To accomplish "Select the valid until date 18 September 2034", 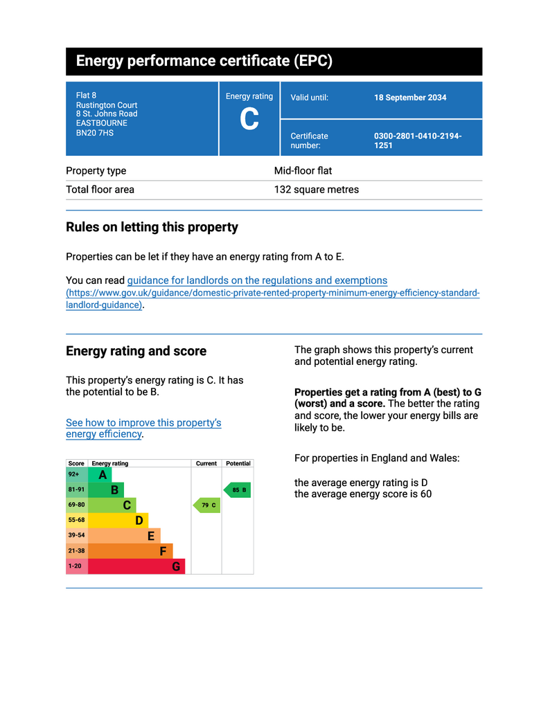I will coord(410,98).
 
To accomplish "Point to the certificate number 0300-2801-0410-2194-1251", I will coord(417,141).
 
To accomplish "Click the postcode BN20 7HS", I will coord(95,133).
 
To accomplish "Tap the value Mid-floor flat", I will coord(303,171).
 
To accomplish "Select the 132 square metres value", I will coord(317,190).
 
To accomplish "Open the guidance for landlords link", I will coord(257,280).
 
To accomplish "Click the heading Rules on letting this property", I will coord(152,227).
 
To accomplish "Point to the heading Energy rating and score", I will coord(136,351).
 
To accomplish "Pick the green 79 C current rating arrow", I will coord(206,505).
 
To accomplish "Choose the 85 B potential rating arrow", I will coord(237,490).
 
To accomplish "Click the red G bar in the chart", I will coord(136,566).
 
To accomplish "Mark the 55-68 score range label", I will coord(76,521).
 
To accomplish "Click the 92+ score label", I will coord(75,475).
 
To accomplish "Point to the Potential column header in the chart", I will coord(238,463).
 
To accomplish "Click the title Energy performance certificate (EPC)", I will coord(204,61).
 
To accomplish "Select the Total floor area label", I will coord(100,190).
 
